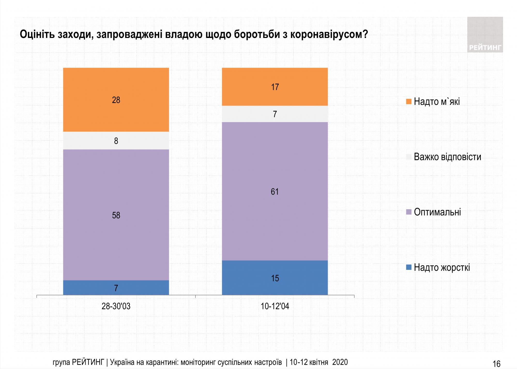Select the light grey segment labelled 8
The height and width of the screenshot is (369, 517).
click(x=116, y=141)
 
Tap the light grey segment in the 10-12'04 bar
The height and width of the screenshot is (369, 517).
click(x=275, y=114)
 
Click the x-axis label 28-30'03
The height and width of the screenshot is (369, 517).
click(x=116, y=306)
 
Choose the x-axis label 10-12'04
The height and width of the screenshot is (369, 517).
click(x=275, y=306)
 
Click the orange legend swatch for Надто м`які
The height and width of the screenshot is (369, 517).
click(x=409, y=101)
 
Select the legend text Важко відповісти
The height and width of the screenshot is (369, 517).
click(x=447, y=157)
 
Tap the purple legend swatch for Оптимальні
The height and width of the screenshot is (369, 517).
click(x=409, y=212)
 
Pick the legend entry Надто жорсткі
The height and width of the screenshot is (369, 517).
click(x=442, y=267)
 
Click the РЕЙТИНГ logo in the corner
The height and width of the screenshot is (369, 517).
click(x=485, y=35)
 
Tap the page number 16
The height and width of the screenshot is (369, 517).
click(x=497, y=364)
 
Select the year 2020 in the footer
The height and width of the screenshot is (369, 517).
click(x=340, y=362)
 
